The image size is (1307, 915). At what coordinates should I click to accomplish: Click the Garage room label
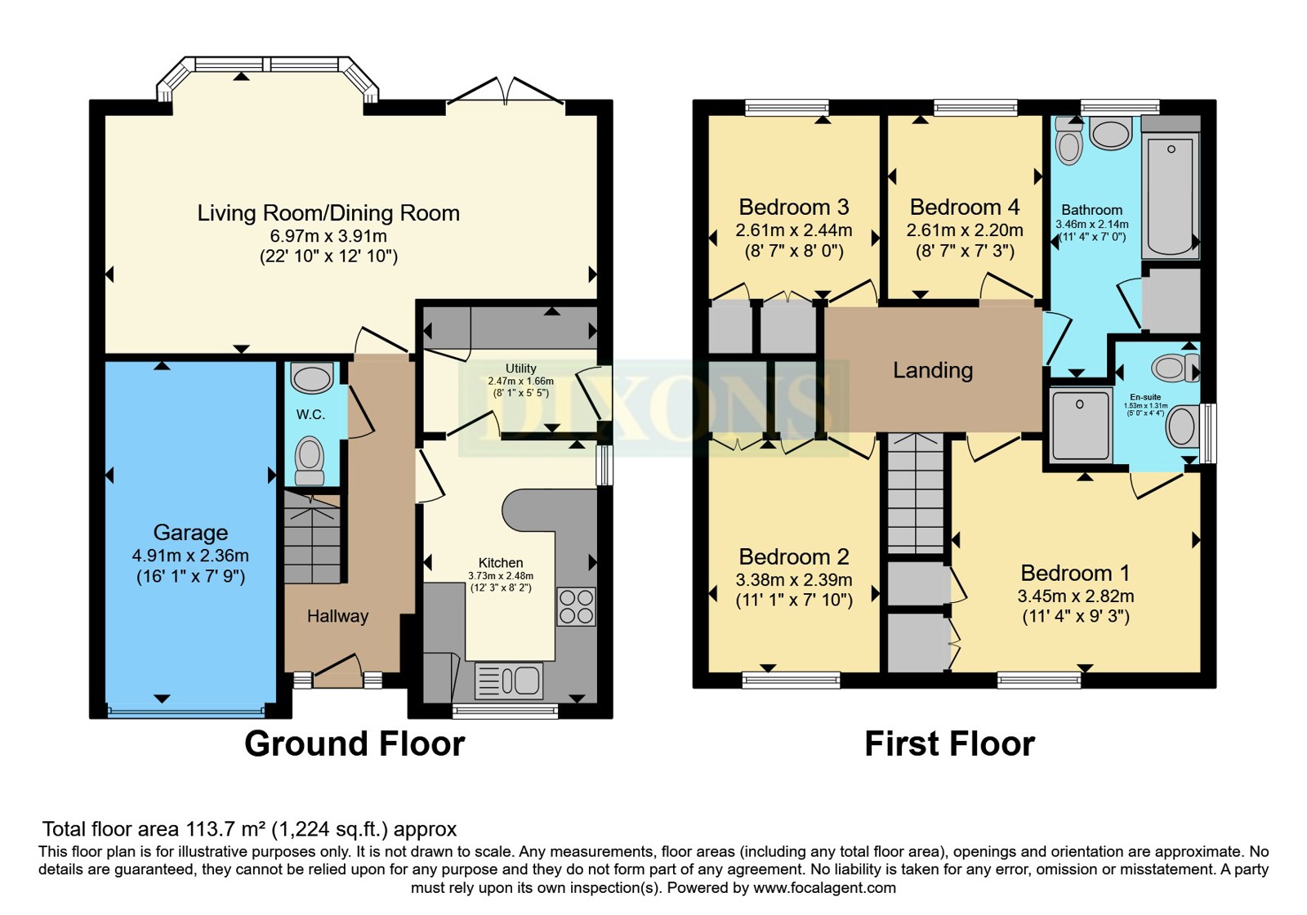pos(190,532)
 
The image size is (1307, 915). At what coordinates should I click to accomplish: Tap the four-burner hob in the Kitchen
pos(577,607)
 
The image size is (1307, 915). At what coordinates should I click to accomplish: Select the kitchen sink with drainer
pos(509,681)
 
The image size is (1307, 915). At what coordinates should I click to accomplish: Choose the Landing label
pos(933,370)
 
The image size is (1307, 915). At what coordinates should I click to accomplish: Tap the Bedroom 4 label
pos(965,207)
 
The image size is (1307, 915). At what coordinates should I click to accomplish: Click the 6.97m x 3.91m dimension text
pos(328,236)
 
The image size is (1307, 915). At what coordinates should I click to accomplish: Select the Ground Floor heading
pos(355,744)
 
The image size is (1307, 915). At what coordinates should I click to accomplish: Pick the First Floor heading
pos(950,744)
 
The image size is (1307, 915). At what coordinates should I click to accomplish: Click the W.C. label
pos(310,414)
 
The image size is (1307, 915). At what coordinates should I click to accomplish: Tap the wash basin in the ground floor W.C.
pos(312,377)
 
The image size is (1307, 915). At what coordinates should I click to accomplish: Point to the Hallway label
pos(338,616)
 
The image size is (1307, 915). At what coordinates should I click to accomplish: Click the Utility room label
pos(520,368)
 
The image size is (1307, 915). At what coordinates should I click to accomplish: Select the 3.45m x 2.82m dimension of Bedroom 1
pos(1076,596)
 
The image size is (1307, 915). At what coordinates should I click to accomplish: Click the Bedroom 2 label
pos(793,556)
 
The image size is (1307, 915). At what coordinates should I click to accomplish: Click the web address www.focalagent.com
pos(824,888)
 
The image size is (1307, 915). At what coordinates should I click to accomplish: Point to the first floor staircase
pos(916,493)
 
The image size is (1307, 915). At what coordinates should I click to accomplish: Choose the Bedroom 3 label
pos(793,207)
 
